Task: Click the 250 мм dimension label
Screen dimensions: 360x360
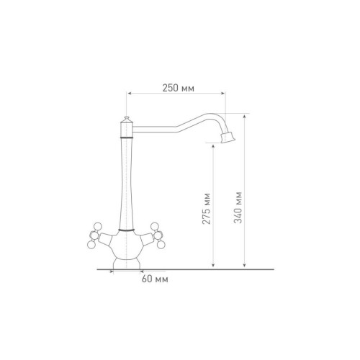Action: coord(179,88)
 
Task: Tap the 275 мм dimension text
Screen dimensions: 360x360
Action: coord(207,209)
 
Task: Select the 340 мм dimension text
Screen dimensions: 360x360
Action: coord(238,207)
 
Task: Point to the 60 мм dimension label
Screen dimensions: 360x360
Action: coord(155,279)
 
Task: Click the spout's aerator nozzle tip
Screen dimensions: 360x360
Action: coord(228,138)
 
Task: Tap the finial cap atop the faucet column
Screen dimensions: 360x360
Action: coord(127,120)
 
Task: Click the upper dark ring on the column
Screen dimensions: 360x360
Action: coord(127,138)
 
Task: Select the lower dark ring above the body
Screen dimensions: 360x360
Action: coord(126,230)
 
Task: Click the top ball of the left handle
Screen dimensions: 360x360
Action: coord(98,226)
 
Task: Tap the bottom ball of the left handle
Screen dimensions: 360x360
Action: coord(91,244)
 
